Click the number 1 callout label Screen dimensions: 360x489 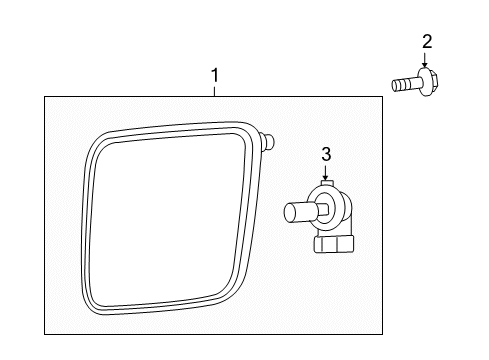click(x=213, y=75)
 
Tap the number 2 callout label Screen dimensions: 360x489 click(x=427, y=41)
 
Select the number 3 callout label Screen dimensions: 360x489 click(x=325, y=154)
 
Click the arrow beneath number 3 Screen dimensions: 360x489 click(x=325, y=175)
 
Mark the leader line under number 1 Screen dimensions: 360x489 click(x=213, y=90)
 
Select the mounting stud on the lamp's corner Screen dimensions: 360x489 click(x=271, y=141)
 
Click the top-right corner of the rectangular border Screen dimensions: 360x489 click(x=383, y=96)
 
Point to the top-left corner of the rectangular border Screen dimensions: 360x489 click(x=45, y=96)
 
